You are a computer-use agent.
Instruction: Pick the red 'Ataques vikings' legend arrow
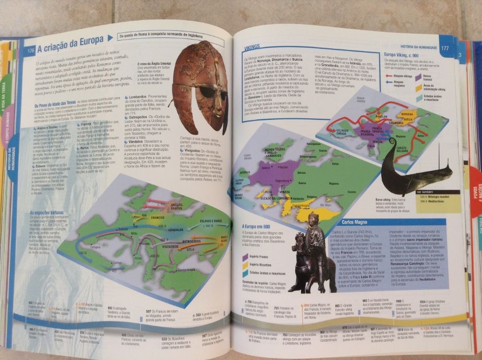[389, 76]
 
